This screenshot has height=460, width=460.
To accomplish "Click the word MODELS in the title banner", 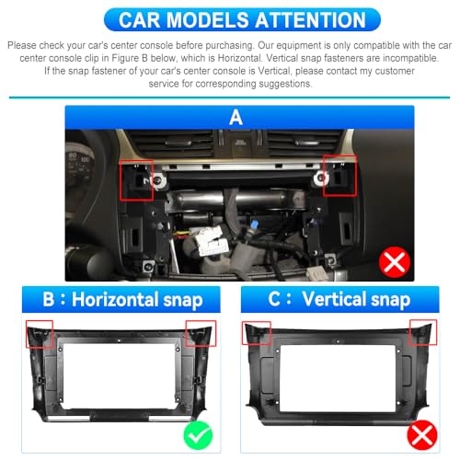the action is click(x=208, y=20).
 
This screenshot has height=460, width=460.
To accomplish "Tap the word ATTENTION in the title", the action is click(x=310, y=20).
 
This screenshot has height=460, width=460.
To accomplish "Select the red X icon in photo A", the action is click(x=395, y=262).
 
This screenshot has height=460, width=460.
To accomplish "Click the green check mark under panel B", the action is click(x=198, y=435).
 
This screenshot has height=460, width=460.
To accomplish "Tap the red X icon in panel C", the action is click(x=422, y=435).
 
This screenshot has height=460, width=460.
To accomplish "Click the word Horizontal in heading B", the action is click(x=115, y=299).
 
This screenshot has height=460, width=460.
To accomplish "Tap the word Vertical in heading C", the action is click(x=334, y=298).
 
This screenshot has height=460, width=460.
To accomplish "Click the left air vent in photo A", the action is click(x=173, y=144).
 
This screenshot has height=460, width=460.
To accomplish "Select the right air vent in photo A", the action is click(x=305, y=143).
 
